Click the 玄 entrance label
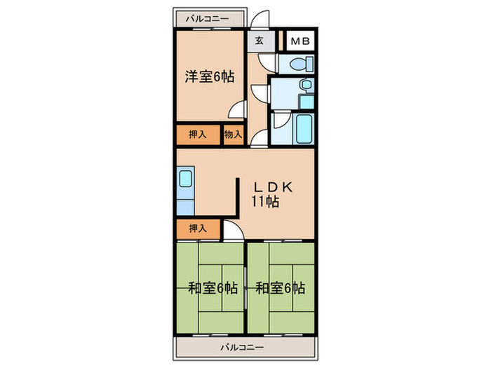click(x=259, y=41)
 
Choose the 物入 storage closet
click(x=233, y=135)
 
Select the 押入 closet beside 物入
click(x=198, y=135)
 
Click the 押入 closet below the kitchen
click(x=198, y=228)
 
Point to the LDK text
click(x=267, y=188)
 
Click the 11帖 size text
click(x=267, y=203)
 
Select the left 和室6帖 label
click(x=212, y=287)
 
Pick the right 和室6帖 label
click(x=280, y=287)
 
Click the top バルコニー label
click(x=208, y=19)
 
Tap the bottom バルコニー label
click(x=241, y=348)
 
